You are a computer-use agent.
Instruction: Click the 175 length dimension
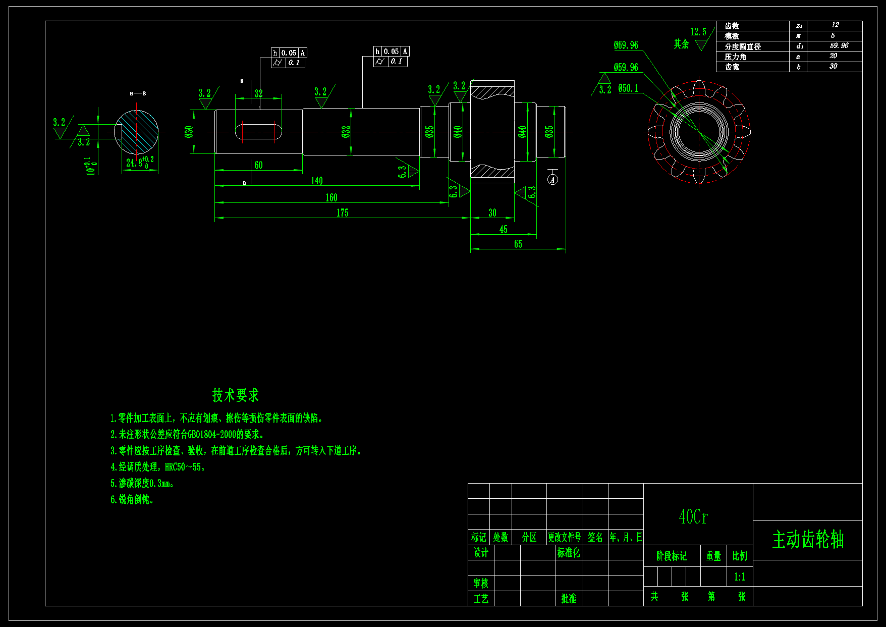[x=342, y=213]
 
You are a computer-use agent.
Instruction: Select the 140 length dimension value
[x=317, y=181]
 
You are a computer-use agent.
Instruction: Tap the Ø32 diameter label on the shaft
[x=346, y=132]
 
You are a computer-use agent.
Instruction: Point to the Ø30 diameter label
[x=189, y=132]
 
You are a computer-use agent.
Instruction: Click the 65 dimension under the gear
[x=518, y=244]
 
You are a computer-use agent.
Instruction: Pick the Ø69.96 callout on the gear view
[x=626, y=45]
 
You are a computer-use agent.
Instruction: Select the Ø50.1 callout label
[x=628, y=88]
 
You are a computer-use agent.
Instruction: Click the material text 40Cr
[x=693, y=517]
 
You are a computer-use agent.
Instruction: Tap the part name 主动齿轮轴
[x=808, y=540]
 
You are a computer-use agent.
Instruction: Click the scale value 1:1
[x=739, y=577]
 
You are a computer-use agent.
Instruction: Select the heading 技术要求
[x=235, y=395]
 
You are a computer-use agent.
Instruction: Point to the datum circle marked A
[x=553, y=180]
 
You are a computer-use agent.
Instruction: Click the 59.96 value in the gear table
[x=839, y=45]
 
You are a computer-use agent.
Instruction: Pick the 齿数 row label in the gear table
[x=732, y=26]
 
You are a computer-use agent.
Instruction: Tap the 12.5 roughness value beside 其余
[x=698, y=32]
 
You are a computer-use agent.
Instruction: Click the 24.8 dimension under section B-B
[x=134, y=163]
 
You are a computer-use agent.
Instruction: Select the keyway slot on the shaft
[x=258, y=132]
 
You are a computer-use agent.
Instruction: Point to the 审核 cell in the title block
[x=480, y=584]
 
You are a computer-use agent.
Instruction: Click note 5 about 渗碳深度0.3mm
[x=142, y=484]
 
